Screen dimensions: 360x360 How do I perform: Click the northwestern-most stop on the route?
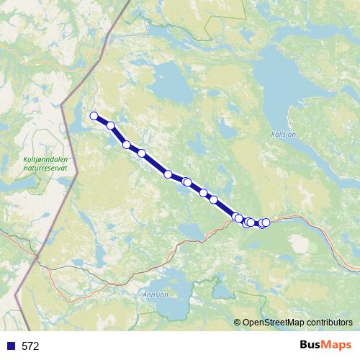coord(94,115)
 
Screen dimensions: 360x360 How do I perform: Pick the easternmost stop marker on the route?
coord(266,222)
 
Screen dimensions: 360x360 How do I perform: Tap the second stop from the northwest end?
coord(111,125)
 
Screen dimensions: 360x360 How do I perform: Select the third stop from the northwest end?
coord(127,145)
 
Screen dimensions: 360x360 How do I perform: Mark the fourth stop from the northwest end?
coord(142,153)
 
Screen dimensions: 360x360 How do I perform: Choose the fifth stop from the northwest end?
coord(168,174)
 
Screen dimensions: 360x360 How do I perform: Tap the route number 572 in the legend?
coord(30,346)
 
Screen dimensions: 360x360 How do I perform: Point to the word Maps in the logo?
coord(338,345)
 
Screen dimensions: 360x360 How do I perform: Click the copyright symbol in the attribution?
coord(238,323)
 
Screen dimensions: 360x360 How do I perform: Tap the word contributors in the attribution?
coord(328,323)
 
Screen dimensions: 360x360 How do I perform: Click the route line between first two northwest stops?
coord(102,120)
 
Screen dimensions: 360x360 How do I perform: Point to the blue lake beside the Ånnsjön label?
coord(173,306)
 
